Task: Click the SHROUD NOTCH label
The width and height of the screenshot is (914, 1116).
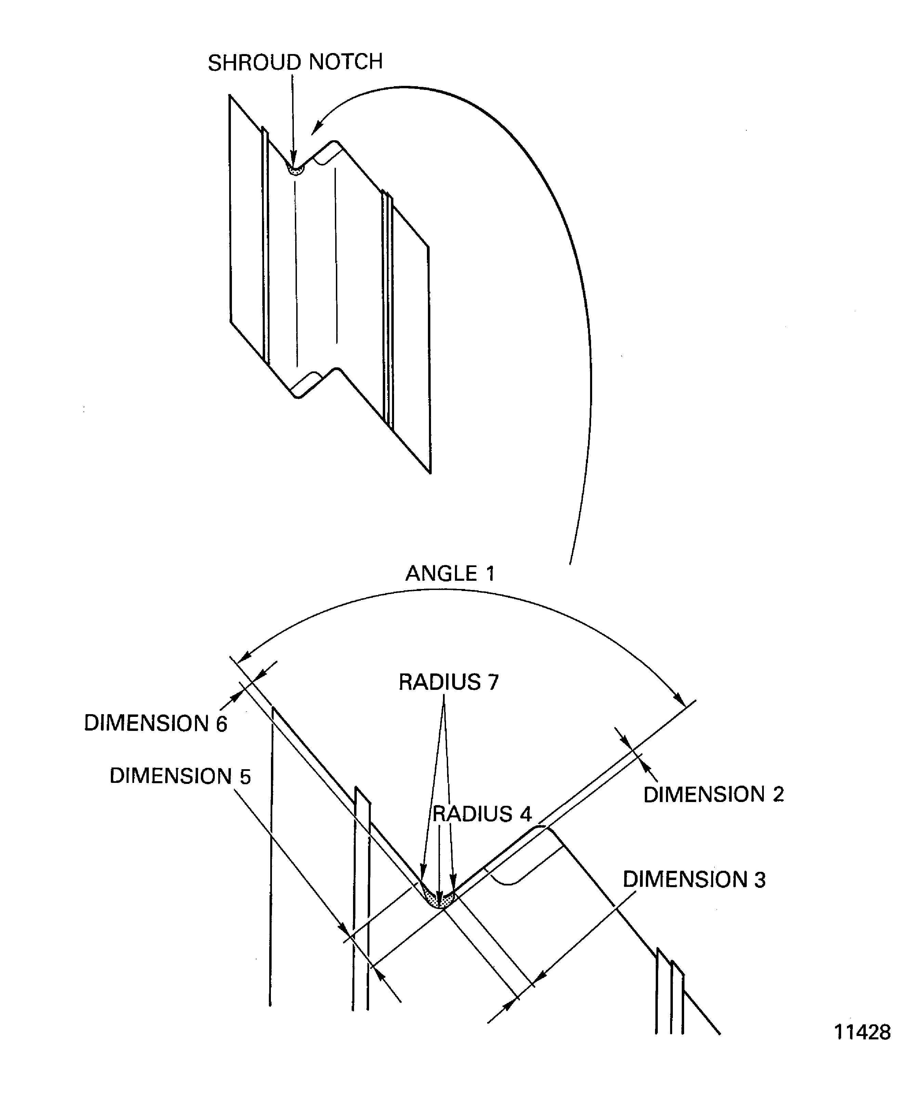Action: click(295, 62)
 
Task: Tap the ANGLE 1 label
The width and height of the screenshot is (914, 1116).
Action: click(450, 573)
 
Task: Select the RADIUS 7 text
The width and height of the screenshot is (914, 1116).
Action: click(448, 682)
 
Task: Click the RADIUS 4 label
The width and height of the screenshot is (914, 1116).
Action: click(482, 814)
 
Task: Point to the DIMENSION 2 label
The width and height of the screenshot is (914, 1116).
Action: click(714, 795)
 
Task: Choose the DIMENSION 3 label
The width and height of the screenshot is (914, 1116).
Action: click(694, 880)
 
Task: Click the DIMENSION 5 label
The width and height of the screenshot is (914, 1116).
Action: click(180, 776)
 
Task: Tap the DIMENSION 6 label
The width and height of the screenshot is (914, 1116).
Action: click(155, 723)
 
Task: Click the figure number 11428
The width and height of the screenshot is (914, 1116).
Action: click(862, 1032)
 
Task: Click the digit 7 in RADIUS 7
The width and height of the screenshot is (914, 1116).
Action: click(493, 682)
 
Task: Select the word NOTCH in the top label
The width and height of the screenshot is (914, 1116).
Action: click(345, 62)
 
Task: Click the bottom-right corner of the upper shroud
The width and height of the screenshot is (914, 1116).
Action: click(430, 472)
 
